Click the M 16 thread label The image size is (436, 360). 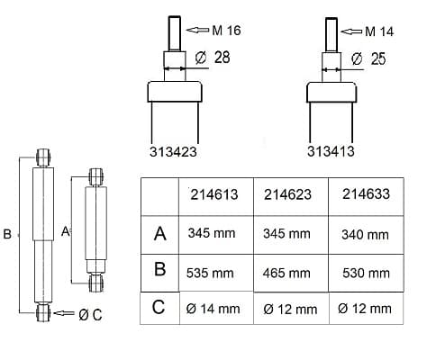[x=226, y=31]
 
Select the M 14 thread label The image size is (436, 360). [x=379, y=31]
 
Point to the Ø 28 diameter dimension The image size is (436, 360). [x=213, y=58]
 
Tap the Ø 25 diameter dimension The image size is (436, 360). [x=368, y=58]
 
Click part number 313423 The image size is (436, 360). [x=173, y=151]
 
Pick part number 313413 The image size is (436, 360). [x=331, y=151]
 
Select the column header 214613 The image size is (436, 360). [x=214, y=194]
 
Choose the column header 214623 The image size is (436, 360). [x=287, y=194]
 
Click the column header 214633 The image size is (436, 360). [x=366, y=193]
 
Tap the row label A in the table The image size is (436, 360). [x=160, y=233]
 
